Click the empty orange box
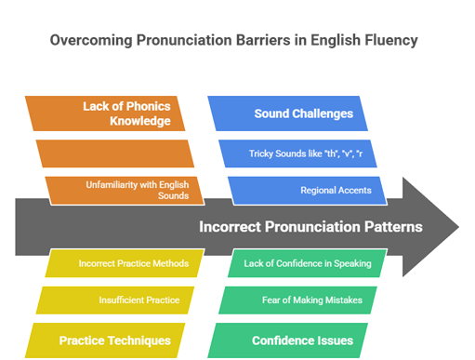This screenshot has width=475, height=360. [x=114, y=153]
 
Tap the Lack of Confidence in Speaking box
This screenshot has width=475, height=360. [x=307, y=263]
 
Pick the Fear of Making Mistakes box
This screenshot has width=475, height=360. [x=298, y=300]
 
